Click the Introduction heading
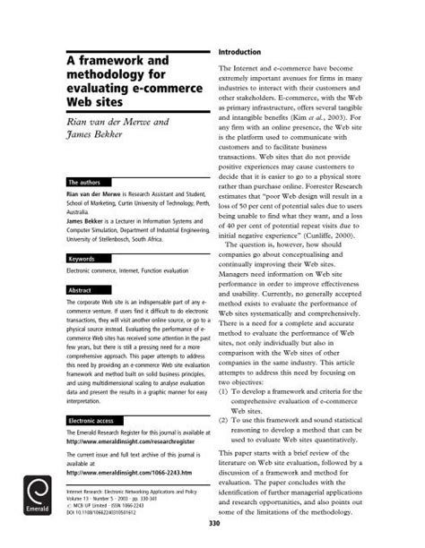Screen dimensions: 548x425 [x=246, y=53]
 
